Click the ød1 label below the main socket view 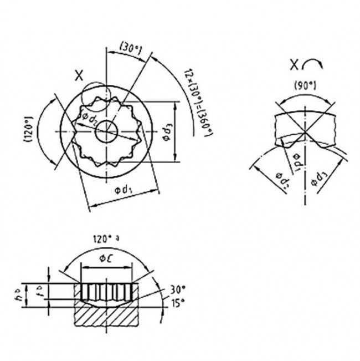coord(124,190)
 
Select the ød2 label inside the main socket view coord(90,118)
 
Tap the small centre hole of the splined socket coord(105,132)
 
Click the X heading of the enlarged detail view coord(294,65)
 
